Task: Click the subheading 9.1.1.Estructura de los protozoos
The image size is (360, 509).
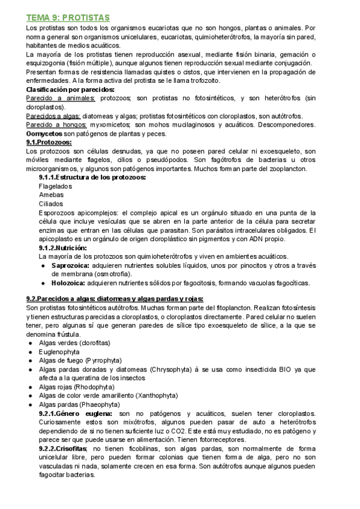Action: (92, 178)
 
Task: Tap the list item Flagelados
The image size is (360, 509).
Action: (56, 186)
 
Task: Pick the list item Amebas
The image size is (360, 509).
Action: (51, 195)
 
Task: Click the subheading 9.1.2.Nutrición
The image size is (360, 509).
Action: (63, 248)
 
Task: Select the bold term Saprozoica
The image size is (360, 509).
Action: (70, 265)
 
